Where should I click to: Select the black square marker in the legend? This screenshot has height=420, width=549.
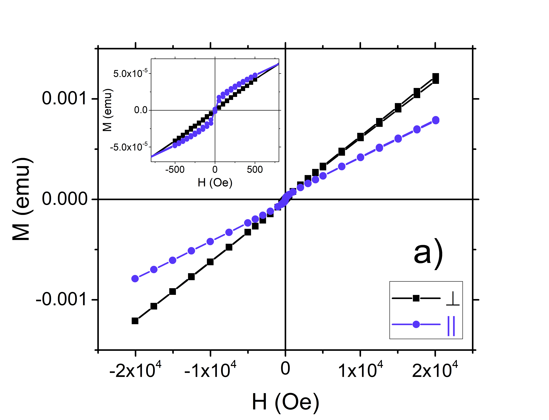point(416,298)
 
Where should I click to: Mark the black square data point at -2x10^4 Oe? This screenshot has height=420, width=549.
point(135,321)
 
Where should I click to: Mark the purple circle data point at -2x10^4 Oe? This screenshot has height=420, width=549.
point(135,278)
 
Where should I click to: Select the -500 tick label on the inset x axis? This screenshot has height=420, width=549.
point(175,170)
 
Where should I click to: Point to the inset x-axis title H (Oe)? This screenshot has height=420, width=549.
point(215,183)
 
